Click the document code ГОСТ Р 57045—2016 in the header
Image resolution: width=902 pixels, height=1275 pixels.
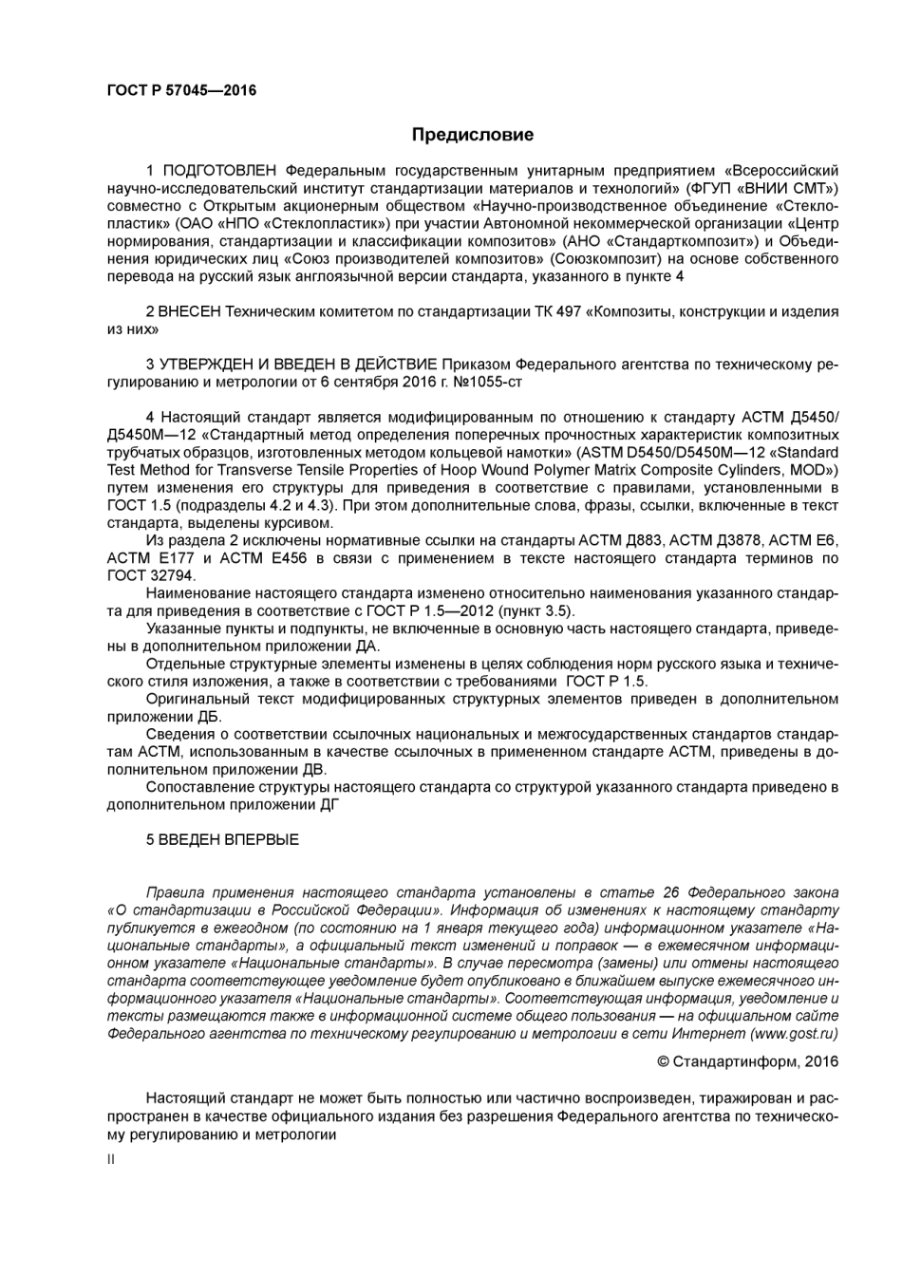181,90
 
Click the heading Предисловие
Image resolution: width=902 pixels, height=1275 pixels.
472,135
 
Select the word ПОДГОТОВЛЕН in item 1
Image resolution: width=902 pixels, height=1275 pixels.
219,170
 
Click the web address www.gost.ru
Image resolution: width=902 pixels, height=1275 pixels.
794,1033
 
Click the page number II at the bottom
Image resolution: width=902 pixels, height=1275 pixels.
111,1159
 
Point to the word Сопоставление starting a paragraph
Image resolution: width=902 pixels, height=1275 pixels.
195,786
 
